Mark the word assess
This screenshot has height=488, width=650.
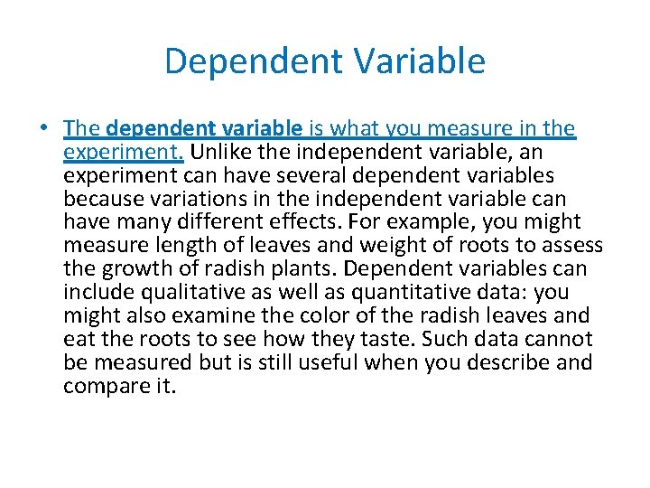point(572,246)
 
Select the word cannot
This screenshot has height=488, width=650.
point(559,340)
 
